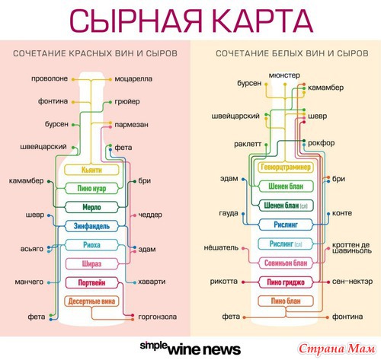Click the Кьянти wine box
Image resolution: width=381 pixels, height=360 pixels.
pos(91,170)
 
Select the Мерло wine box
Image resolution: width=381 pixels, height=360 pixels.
pos(91,207)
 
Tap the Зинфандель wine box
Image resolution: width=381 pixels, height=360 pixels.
pos(91,226)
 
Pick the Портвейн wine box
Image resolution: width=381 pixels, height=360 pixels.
pos(91,282)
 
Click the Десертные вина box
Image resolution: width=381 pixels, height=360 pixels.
pos(91,301)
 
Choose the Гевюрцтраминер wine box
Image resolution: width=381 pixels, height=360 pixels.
pos(286,167)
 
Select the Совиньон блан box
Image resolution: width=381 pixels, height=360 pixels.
pos(286,263)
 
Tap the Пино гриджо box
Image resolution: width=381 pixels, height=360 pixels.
pos(286,282)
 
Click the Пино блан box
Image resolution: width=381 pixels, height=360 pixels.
pos(286,301)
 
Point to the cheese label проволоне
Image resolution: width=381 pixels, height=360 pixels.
pos(50,78)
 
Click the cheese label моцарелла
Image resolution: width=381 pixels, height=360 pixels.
pos(133,79)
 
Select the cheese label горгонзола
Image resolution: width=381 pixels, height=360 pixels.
pos(158,317)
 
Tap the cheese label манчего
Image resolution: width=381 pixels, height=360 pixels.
pos(29,282)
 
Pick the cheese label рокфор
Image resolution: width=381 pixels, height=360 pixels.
pos(321,143)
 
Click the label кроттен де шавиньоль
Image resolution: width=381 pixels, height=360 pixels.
pos(352,248)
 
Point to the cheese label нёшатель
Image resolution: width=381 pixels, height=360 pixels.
pos(221,247)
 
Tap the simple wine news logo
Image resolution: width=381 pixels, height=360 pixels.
pos(190,349)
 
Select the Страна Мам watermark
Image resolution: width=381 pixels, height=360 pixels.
pos(337,349)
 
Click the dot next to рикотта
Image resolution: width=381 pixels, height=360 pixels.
pos(243,282)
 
